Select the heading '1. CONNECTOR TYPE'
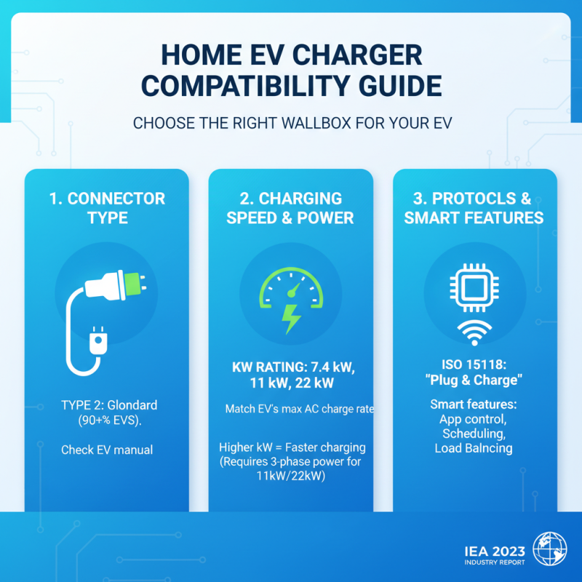[107, 207]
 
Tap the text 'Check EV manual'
[107, 450]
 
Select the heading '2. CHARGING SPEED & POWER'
[290, 207]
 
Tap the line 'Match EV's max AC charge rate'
[298, 410]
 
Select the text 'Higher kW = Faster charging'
[292, 447]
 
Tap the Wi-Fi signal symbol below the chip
[474, 334]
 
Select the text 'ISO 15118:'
[474, 365]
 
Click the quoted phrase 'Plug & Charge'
[474, 380]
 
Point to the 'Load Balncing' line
[474, 448]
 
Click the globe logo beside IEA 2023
[550, 549]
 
